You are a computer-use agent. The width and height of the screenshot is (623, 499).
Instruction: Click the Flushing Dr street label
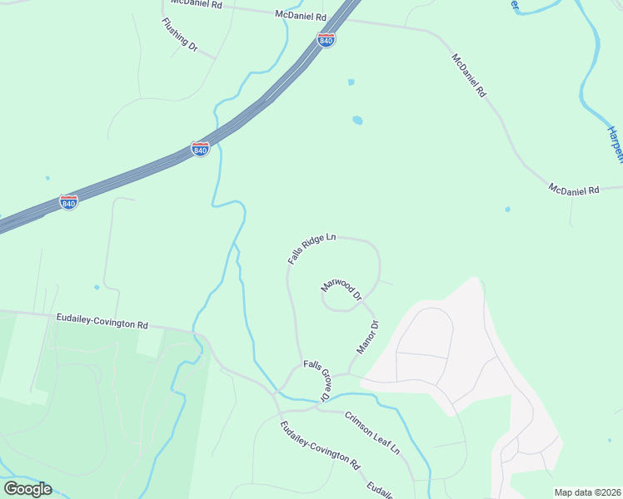coord(180,35)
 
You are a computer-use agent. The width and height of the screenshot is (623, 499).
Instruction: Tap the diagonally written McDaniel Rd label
coord(469,76)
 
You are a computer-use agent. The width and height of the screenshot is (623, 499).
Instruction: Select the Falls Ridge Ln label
coord(311,249)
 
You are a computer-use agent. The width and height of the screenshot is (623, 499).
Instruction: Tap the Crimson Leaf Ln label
coord(372,432)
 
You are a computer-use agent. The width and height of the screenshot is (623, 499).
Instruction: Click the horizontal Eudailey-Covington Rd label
coord(102,319)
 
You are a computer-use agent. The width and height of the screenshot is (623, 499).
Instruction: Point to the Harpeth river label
coord(614,146)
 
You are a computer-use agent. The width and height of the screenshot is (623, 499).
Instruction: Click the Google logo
coord(27,489)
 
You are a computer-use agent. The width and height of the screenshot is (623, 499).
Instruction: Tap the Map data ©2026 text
coord(586,492)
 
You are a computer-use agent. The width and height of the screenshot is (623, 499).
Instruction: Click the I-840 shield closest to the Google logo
coord(69,202)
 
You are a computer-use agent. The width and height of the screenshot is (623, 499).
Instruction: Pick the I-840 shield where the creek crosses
coord(200,149)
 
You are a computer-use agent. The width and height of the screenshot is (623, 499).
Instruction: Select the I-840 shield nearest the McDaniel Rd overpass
coord(326,40)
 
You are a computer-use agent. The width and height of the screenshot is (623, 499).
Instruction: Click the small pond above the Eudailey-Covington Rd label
coord(97,288)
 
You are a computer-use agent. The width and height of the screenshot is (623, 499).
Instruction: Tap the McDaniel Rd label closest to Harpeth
coord(574,190)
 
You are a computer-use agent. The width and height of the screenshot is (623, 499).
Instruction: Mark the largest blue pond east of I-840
coord(357,120)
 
